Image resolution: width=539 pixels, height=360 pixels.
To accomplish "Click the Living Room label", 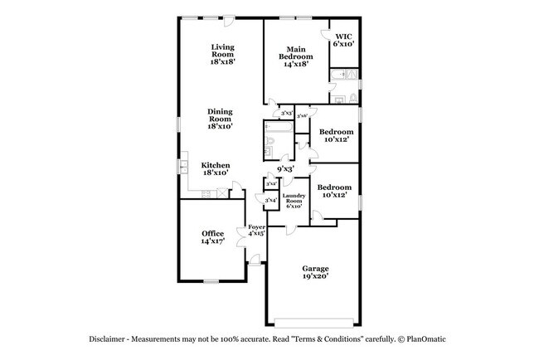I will tap(221, 54).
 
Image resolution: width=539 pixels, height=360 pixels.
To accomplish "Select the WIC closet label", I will tap(344, 40).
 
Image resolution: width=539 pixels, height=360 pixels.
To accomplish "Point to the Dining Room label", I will tap(220, 119).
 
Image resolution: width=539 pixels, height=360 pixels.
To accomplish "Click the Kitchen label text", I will tap(216, 168).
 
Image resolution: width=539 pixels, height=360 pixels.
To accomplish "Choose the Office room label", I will tap(212, 237).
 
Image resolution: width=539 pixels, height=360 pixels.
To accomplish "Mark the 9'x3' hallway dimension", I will tap(286, 169).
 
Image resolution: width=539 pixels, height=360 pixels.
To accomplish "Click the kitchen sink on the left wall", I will tap(182, 168).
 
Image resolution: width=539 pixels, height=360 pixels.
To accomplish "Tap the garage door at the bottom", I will tap(314, 322).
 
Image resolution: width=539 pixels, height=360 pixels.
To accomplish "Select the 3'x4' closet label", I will tap(270, 200).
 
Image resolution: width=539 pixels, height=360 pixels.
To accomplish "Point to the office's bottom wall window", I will tap(211, 280).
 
